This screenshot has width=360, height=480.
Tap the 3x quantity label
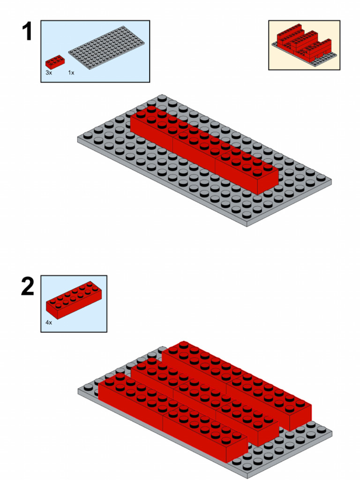coord(49,73)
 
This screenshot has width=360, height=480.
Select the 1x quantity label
coord(71,73)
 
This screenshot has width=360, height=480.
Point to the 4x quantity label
coord(49,323)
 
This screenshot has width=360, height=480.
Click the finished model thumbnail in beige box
coord(304,45)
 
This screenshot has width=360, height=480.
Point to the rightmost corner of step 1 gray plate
coord(331,181)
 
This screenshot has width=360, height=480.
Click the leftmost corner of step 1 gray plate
coord(78,139)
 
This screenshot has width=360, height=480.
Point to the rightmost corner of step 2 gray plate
coord(331,431)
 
